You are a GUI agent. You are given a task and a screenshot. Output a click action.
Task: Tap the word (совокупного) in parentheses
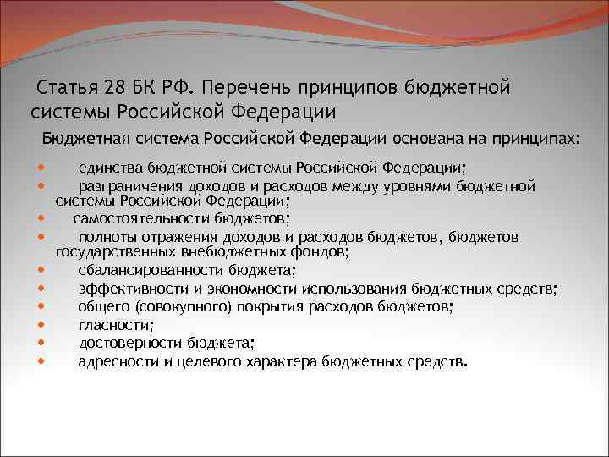click(x=177, y=306)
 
